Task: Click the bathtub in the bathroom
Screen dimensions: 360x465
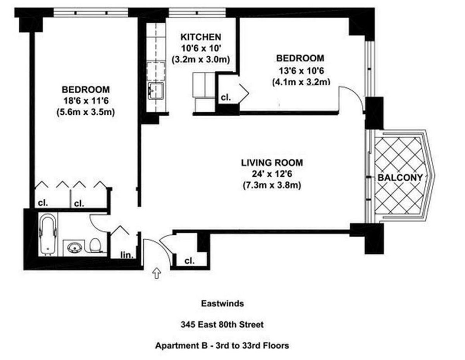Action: [x=48, y=236]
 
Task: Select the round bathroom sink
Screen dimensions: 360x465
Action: [x=73, y=247]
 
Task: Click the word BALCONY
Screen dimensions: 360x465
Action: [x=400, y=177]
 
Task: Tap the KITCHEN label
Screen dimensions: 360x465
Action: [x=201, y=37]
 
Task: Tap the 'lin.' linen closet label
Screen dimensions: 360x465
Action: [x=127, y=256]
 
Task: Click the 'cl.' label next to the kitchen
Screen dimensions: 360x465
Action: [x=226, y=98]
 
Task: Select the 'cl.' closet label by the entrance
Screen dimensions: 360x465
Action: [x=189, y=261]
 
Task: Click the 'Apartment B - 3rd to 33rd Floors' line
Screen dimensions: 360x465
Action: [x=222, y=345]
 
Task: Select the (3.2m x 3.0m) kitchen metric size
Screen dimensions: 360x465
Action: [x=201, y=60]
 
